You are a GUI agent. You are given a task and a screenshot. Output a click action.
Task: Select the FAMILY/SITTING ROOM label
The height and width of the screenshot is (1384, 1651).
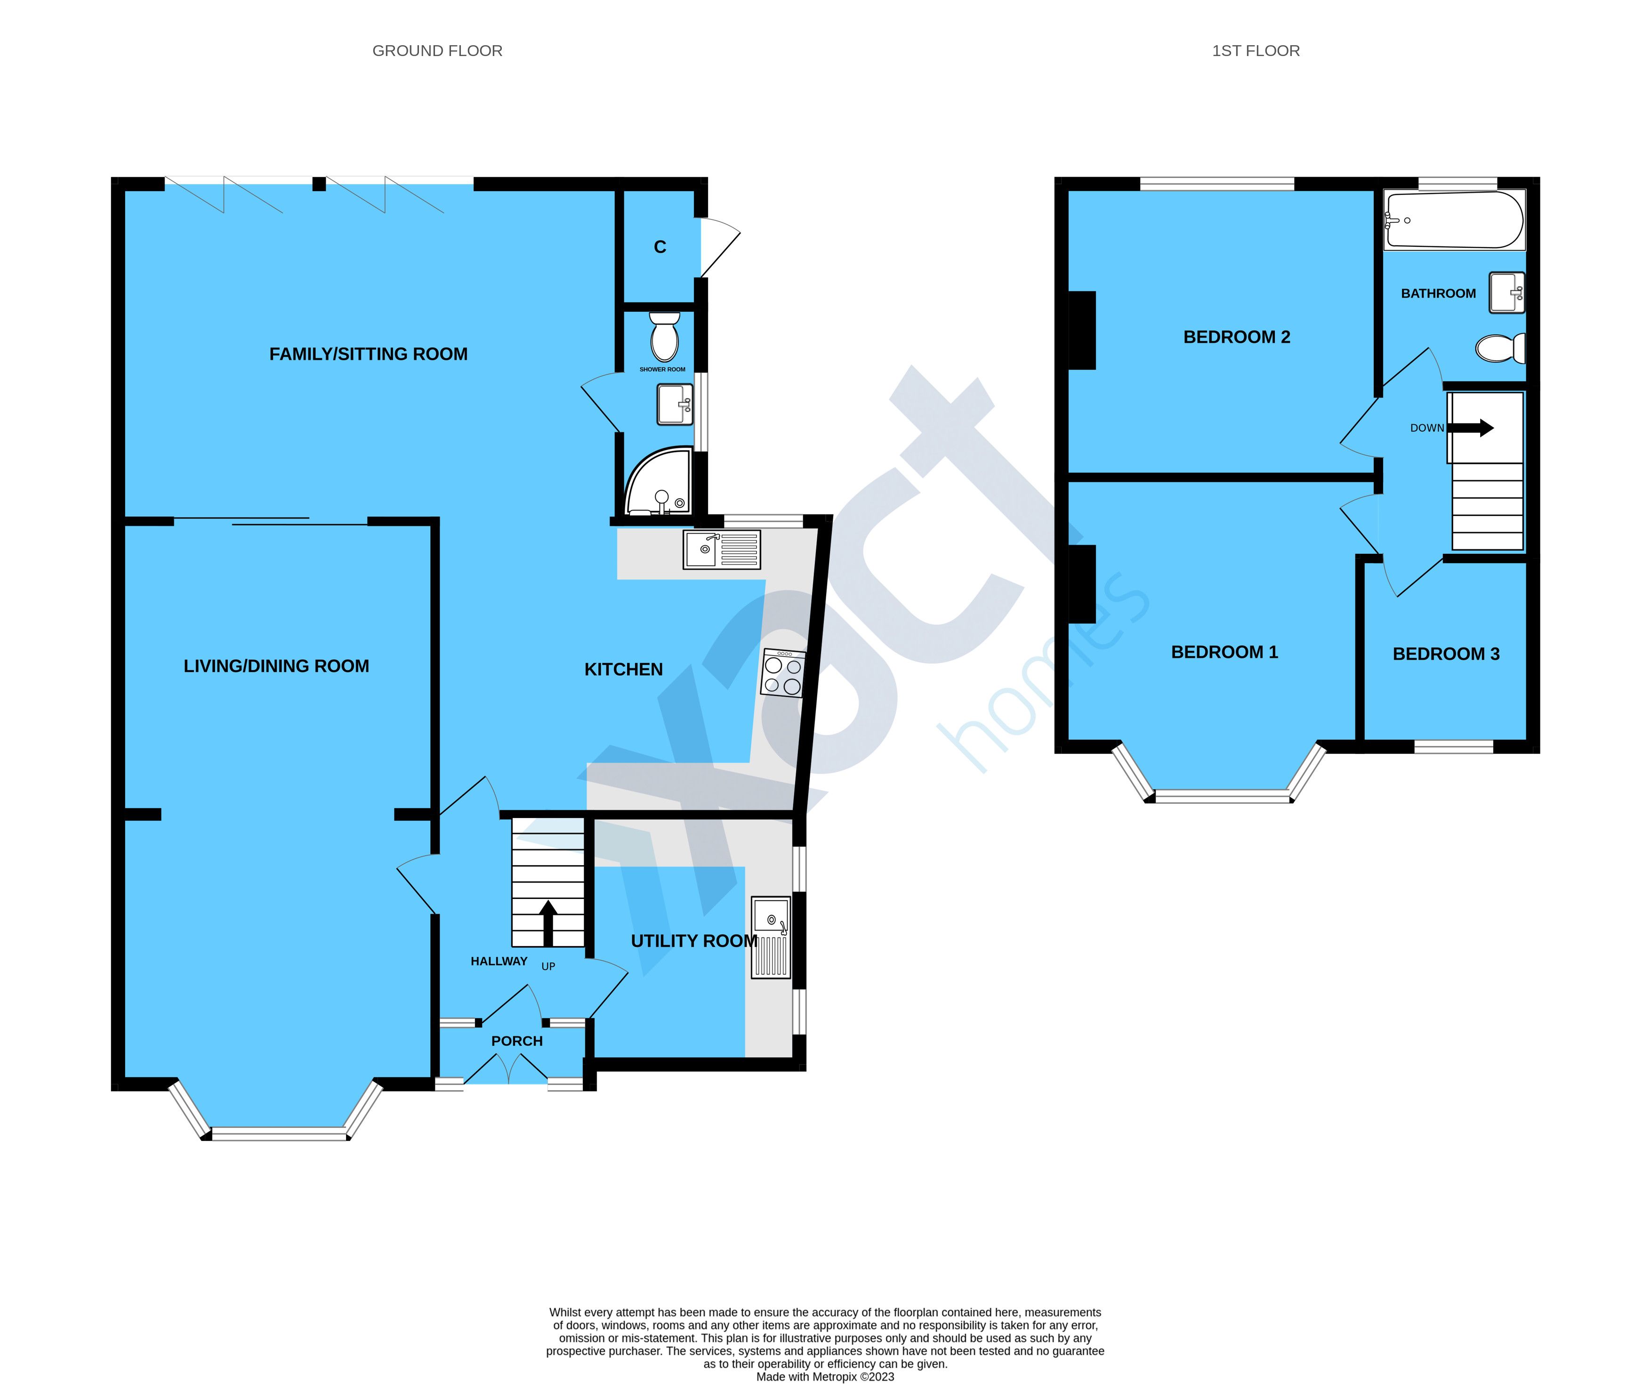pos(368,354)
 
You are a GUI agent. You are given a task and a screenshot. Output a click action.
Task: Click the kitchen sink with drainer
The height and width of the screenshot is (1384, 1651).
pos(722,549)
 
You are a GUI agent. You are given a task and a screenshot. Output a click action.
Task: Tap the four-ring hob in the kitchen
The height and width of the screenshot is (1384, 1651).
pos(782,673)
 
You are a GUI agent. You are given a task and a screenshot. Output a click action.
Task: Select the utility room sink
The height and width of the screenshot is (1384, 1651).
pos(771,938)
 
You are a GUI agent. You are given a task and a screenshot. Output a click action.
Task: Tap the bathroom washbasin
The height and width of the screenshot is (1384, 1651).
pos(1506,292)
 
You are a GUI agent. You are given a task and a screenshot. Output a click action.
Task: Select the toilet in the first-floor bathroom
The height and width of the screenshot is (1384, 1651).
pos(1500,348)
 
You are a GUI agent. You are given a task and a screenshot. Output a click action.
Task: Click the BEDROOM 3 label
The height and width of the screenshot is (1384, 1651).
pos(1446,654)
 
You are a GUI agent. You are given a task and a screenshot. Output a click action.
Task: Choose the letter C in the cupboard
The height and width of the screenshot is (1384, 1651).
pos(660,247)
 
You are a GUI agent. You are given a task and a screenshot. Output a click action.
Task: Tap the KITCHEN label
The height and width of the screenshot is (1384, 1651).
pos(623,669)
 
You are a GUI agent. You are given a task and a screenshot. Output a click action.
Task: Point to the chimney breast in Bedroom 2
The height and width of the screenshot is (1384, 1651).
pos(1082,330)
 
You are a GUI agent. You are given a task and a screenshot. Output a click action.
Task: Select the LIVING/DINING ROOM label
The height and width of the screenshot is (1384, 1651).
pos(276,666)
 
